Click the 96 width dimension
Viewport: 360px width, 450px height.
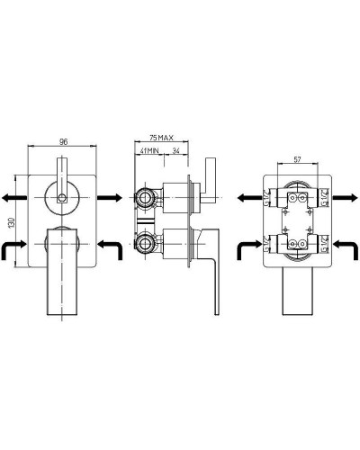63,141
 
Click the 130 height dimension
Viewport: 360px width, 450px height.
12,223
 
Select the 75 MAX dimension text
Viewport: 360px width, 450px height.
161,138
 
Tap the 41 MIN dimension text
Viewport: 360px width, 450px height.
149,151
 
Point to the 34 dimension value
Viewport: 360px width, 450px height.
175,151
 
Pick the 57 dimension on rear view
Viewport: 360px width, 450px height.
297,159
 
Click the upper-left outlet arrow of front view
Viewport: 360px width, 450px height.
14,198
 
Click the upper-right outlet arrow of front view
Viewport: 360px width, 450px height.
110,198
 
